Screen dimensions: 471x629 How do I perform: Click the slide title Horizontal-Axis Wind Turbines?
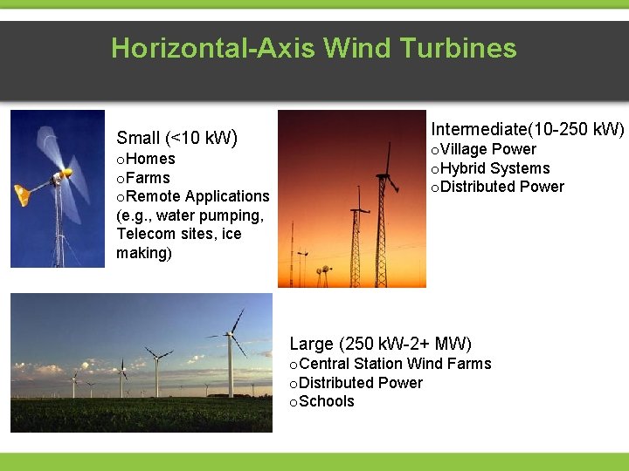pyautogui.click(x=314, y=48)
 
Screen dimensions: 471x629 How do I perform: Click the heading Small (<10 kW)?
pyautogui.click(x=177, y=138)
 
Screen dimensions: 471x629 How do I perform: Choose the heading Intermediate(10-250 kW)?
pyautogui.click(x=528, y=129)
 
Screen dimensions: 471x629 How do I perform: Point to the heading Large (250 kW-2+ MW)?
pyautogui.click(x=380, y=344)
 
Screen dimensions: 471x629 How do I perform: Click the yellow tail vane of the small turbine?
pyautogui.click(x=23, y=194)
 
